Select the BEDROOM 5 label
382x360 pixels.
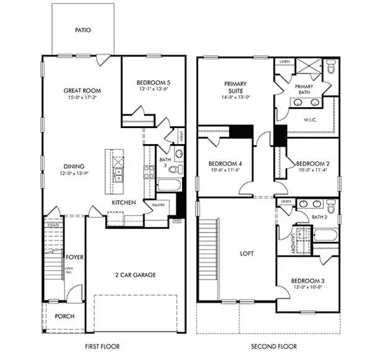click(x=152, y=82)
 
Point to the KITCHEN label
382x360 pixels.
click(x=124, y=203)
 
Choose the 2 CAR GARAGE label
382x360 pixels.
click(x=136, y=275)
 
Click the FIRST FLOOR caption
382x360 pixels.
click(x=103, y=347)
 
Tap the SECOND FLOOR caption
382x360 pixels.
click(x=274, y=347)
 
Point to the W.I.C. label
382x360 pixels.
click(x=309, y=119)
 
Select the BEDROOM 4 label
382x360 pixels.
click(x=223, y=163)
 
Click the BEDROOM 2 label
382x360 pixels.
click(x=312, y=163)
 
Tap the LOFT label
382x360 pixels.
click(x=247, y=254)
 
